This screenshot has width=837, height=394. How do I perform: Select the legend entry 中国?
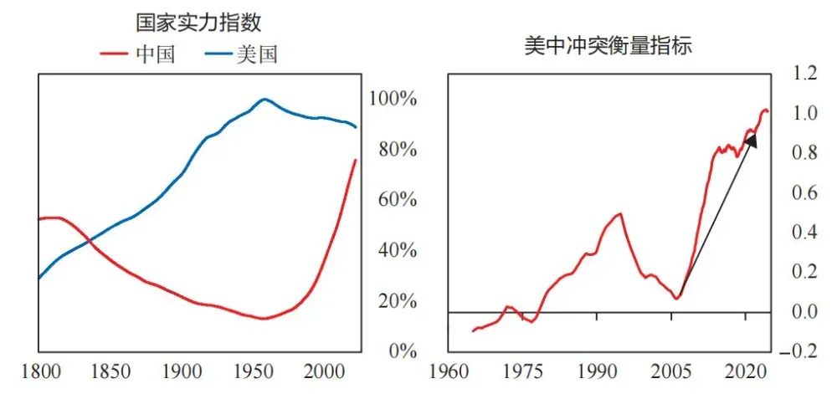[156, 55]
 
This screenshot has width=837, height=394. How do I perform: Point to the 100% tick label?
[393, 99]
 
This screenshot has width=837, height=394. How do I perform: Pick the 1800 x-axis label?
[39, 371]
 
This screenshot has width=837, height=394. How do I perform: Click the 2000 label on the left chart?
[323, 371]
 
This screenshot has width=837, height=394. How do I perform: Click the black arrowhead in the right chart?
[751, 141]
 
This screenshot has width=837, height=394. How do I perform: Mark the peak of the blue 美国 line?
[264, 99]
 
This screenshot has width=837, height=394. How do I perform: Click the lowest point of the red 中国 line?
[264, 319]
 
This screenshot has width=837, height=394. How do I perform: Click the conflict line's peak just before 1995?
[620, 213]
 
